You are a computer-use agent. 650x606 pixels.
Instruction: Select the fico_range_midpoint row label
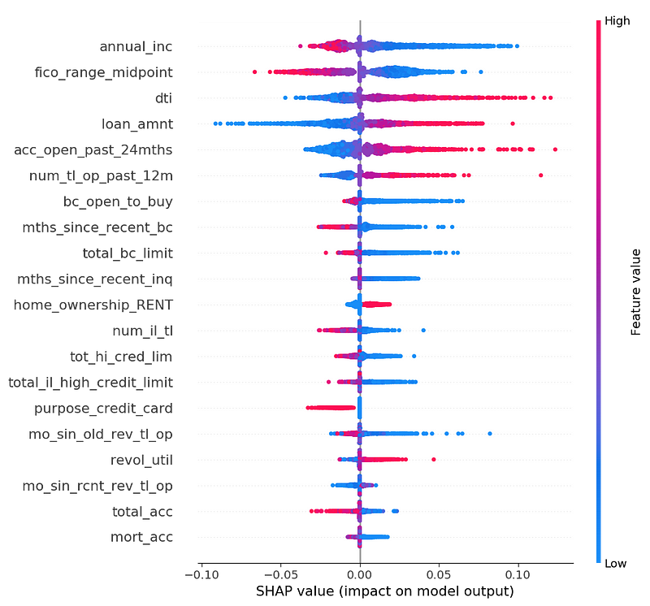(x=114, y=72)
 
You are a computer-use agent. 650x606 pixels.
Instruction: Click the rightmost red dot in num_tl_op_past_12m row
(x=541, y=175)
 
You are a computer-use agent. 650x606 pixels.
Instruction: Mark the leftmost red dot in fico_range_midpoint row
(x=255, y=72)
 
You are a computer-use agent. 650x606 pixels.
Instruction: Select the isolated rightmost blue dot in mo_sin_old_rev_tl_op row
(x=490, y=434)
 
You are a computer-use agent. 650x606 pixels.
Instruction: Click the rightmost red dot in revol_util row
(x=434, y=460)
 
